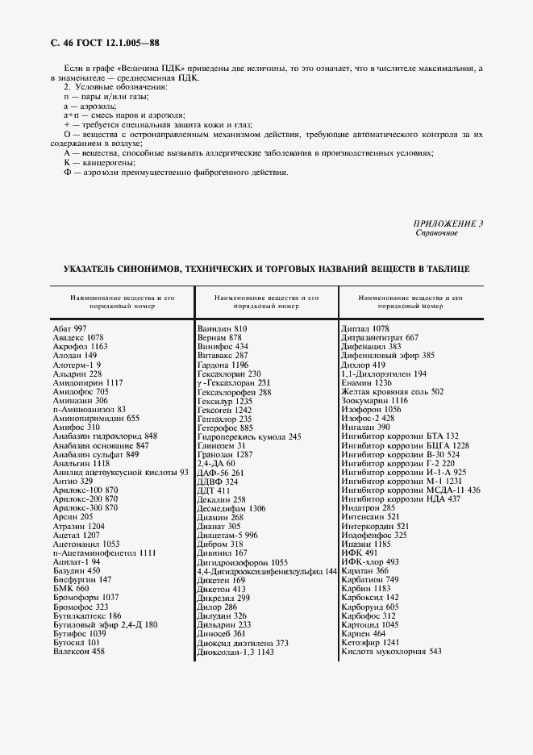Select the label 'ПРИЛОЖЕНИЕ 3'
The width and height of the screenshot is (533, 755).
coord(448,223)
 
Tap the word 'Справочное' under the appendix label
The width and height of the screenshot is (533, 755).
coord(436,233)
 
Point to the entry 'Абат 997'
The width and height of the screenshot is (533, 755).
coord(69,329)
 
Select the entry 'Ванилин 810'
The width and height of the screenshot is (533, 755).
coord(222,329)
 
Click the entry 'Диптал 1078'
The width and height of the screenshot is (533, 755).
coord(365,329)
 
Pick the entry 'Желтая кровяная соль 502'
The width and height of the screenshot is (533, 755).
coord(392,391)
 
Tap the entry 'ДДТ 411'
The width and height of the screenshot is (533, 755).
coord(214,490)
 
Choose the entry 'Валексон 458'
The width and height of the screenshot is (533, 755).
coord(79,651)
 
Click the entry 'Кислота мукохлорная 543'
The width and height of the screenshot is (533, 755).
coord(391,651)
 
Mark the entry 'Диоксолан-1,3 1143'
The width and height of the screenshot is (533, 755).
coord(235,652)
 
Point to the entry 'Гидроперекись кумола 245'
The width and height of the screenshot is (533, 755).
coord(249,436)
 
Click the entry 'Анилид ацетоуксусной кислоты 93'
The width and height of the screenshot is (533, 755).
coord(120,473)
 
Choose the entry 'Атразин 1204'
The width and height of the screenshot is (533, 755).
coord(78,526)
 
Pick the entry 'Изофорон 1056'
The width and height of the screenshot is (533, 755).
coord(371,410)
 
